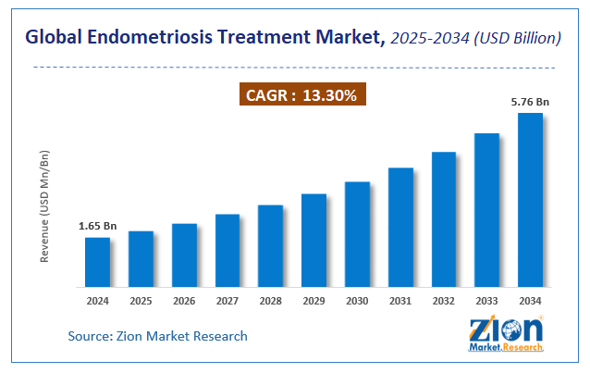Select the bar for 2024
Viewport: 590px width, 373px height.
97,262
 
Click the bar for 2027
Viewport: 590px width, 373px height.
227,250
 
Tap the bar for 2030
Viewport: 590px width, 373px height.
357,234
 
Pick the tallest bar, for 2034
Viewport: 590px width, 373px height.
530,199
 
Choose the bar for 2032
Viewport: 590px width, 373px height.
444,218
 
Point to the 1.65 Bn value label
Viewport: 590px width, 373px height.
97,226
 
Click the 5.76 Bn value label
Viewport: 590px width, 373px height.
530,102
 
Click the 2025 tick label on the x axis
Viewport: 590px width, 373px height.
141,301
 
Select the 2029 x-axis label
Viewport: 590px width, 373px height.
313,301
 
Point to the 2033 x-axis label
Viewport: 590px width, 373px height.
486,301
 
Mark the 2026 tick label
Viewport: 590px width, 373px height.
184,301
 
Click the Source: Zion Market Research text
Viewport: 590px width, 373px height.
157,336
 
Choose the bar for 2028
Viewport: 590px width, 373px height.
270,245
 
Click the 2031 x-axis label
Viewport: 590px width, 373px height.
400,301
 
